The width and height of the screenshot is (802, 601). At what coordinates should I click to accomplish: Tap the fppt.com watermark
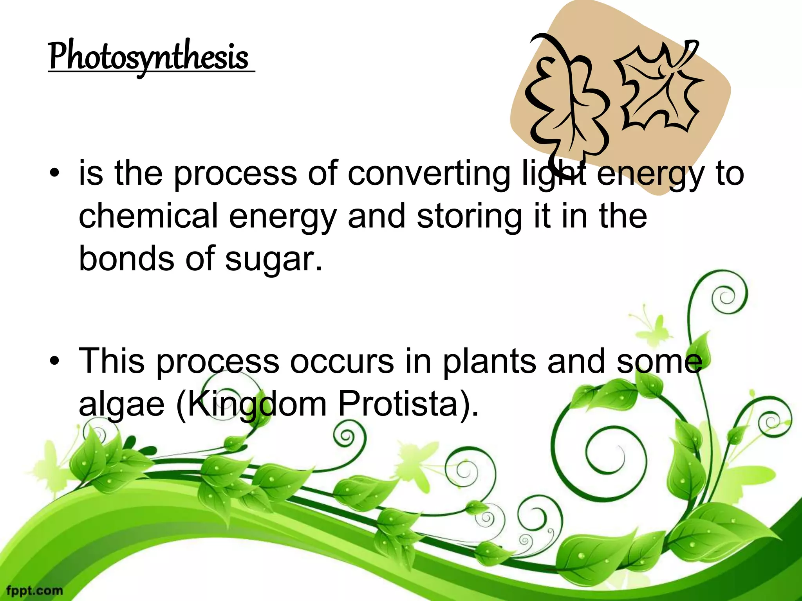point(34,590)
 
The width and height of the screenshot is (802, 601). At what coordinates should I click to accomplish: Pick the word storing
point(469,217)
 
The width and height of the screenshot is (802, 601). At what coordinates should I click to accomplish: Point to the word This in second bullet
point(112,361)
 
